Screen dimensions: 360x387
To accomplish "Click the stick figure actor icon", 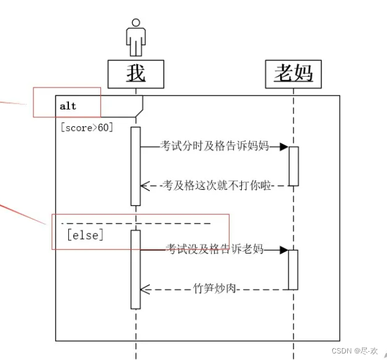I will point(136,37).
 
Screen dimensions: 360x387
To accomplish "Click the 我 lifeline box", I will point(136,73).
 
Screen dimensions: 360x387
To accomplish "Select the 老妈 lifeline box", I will point(293,74).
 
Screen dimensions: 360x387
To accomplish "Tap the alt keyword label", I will point(68,106).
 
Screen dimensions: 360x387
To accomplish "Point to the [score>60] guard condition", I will point(87,127).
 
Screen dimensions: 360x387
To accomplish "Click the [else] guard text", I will point(86,235).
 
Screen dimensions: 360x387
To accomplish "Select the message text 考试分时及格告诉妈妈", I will point(215,146).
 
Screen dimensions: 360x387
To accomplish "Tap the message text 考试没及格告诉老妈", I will point(215,249).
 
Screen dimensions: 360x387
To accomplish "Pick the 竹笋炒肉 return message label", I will point(215,289).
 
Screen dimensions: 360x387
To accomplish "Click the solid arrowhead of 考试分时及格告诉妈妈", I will point(284,146).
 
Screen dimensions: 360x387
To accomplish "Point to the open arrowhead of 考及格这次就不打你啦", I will point(144,186).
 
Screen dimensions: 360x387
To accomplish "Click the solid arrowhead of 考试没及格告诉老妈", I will point(284,250).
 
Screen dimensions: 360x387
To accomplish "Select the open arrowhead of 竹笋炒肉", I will point(144,289).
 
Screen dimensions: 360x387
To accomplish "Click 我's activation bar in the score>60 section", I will point(136,166).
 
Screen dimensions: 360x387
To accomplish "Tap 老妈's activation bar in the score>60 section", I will point(293,166).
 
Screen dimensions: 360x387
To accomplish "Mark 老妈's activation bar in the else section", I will point(293,270).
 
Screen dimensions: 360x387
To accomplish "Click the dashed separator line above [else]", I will point(137,224).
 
